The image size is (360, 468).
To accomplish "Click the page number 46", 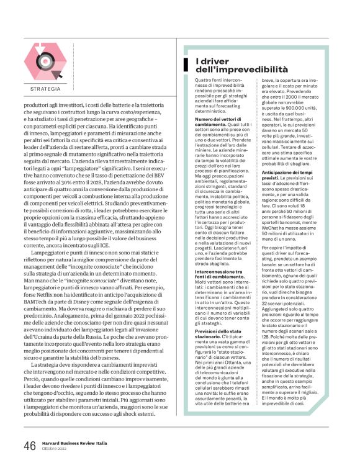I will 29,446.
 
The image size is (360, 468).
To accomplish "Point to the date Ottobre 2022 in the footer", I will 55,449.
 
